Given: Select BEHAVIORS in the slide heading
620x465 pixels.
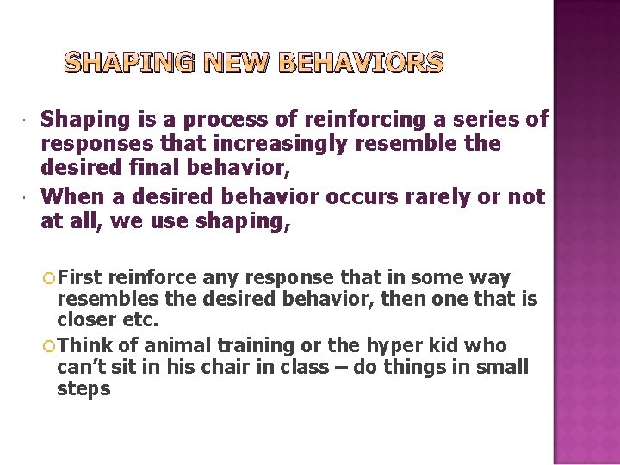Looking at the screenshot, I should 362,63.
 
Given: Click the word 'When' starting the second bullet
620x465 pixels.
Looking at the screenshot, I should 68,197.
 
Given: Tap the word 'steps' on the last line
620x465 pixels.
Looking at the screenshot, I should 84,389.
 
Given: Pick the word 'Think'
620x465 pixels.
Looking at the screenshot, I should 85,345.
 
